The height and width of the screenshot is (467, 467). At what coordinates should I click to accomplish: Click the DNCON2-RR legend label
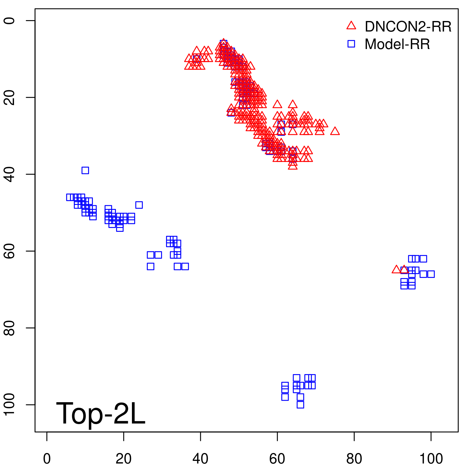pyautogui.click(x=408, y=27)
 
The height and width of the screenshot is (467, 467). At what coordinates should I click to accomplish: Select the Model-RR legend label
pyautogui.click(x=397, y=44)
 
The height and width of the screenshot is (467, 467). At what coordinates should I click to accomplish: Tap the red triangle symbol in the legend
pyautogui.click(x=351, y=26)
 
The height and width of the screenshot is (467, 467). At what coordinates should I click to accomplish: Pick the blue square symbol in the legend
pyautogui.click(x=351, y=44)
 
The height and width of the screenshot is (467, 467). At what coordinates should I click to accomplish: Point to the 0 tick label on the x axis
pyautogui.click(x=47, y=459)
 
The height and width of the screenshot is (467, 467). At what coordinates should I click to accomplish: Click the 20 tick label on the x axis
pyautogui.click(x=123, y=459)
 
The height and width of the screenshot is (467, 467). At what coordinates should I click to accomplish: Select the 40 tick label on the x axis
pyautogui.click(x=201, y=459)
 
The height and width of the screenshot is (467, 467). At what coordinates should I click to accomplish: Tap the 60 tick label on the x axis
pyautogui.click(x=277, y=459)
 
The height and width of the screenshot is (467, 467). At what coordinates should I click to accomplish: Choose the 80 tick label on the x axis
pyautogui.click(x=354, y=459)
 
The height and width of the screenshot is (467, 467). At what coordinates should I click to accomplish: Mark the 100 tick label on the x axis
pyautogui.click(x=431, y=459)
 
